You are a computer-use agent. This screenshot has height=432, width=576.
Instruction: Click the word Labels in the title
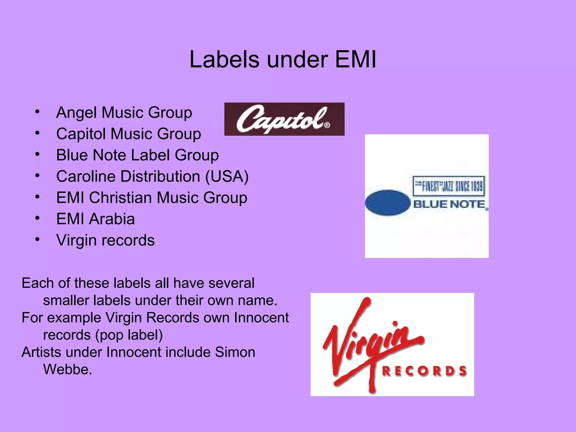224,60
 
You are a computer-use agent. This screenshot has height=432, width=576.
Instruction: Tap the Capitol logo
284,119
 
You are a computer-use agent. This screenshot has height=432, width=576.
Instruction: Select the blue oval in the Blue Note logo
388,203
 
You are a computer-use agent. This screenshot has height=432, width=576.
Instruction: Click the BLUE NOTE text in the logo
449,204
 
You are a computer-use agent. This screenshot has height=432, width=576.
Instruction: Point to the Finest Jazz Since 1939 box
449,186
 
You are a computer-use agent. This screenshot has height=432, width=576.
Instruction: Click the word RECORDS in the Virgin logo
424,371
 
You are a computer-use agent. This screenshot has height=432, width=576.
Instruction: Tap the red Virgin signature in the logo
371,340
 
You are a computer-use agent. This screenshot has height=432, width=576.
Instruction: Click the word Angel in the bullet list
76,112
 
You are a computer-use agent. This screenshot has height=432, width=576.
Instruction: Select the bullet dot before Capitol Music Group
37,133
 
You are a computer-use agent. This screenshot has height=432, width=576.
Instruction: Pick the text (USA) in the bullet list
227,177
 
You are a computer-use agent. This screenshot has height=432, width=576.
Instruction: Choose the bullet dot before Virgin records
37,239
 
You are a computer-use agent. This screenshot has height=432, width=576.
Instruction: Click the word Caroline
86,177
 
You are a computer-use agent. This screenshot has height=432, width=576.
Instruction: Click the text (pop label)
129,335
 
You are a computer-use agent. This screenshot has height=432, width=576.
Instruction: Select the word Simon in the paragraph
235,352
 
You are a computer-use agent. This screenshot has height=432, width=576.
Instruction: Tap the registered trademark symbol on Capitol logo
327,125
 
